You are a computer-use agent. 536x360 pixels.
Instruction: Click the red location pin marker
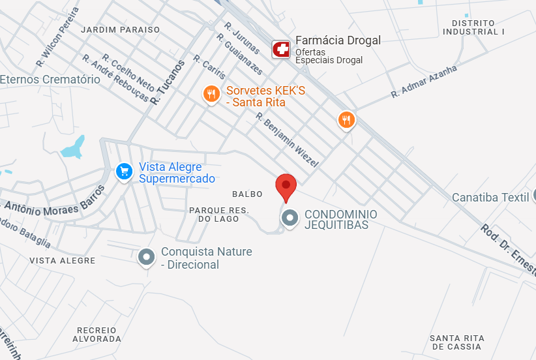click(x=286, y=187)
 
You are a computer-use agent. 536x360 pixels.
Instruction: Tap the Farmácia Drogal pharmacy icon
click(x=281, y=49)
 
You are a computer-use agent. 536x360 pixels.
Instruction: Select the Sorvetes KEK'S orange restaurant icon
click(x=210, y=95)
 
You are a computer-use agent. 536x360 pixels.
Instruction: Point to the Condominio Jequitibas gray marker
click(x=289, y=218)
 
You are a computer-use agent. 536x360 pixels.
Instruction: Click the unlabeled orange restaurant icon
click(x=346, y=119)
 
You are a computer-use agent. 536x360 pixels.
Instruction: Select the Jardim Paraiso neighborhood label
click(x=120, y=30)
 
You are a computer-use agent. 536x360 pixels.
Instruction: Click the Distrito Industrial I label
click(x=473, y=27)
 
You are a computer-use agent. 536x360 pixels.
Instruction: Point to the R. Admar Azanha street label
click(x=424, y=82)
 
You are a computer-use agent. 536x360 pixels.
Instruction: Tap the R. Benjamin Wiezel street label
click(x=286, y=140)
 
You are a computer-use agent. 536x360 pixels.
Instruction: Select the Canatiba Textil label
click(x=490, y=197)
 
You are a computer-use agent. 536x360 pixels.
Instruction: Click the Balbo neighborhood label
click(x=247, y=194)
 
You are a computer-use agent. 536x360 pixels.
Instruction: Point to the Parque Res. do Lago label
click(x=219, y=214)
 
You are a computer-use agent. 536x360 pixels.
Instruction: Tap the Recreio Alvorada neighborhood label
click(x=97, y=335)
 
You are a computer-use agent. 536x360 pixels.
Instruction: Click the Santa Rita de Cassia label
click(x=456, y=342)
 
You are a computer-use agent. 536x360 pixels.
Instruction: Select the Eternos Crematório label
click(x=50, y=80)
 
